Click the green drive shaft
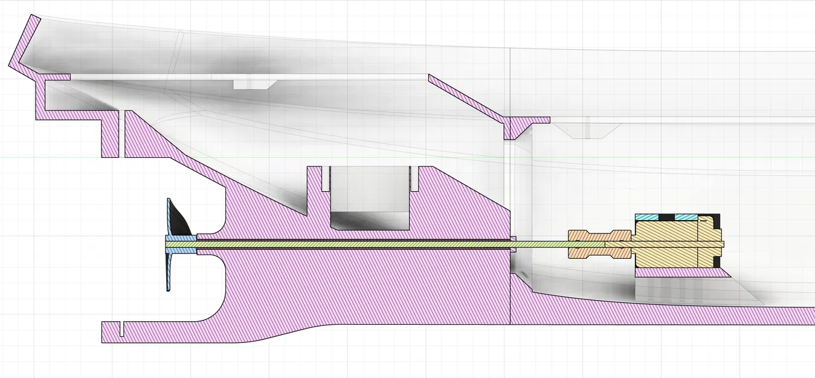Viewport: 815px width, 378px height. click(362, 244)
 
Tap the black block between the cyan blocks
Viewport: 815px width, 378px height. click(667, 217)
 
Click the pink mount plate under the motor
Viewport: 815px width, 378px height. click(683, 273)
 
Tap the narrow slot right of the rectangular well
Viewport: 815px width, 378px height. click(413, 177)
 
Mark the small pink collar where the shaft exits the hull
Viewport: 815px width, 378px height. click(513, 244)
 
